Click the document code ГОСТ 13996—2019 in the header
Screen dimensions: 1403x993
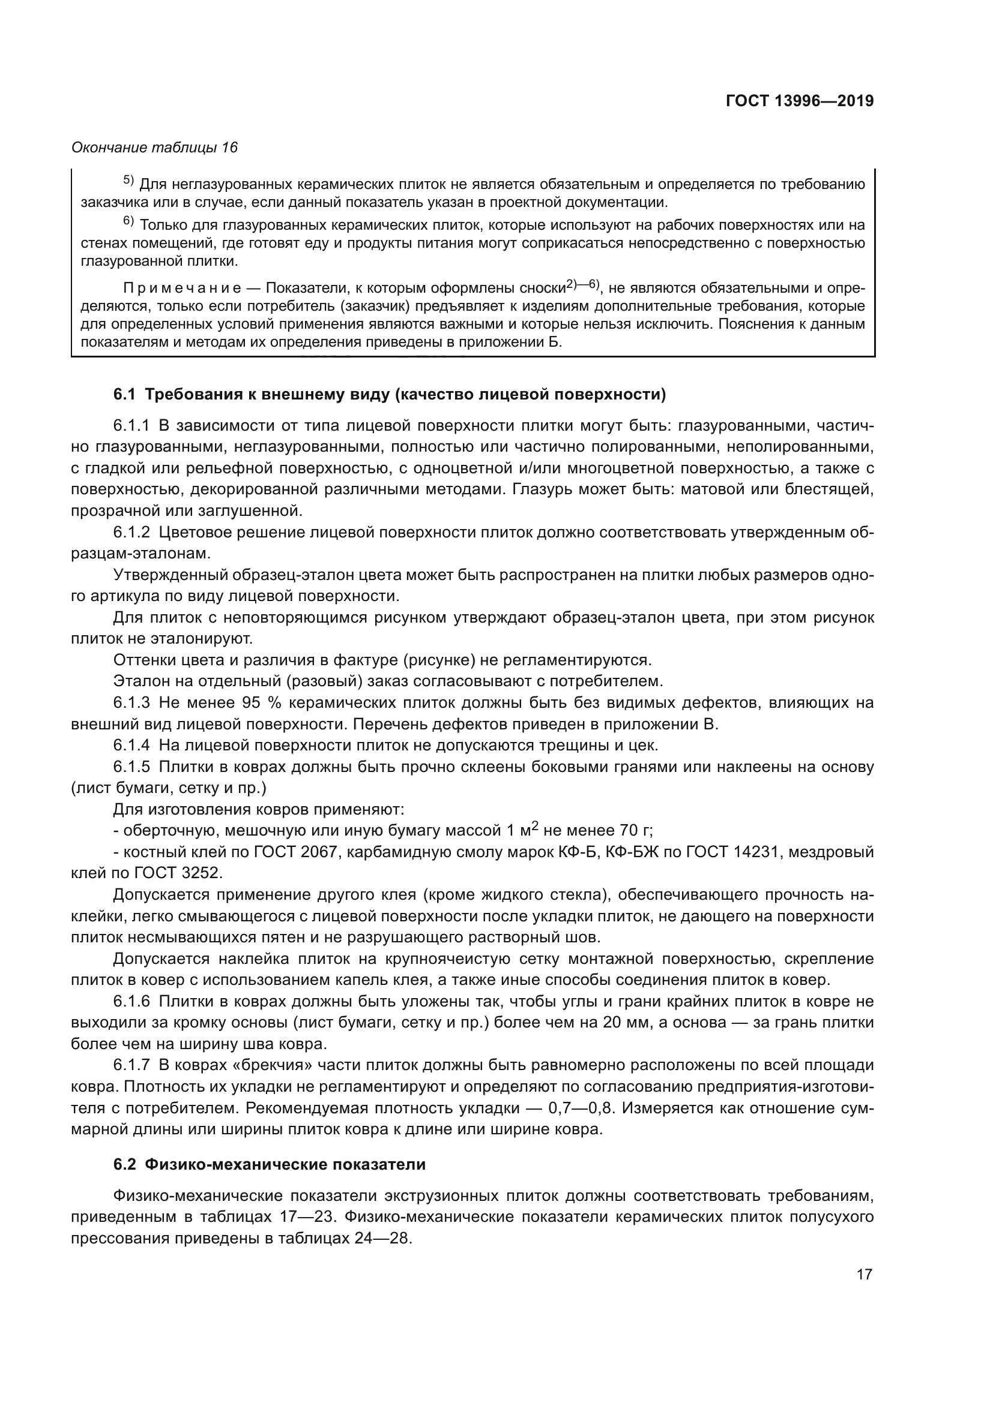coord(799,101)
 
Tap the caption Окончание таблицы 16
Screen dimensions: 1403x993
coord(154,148)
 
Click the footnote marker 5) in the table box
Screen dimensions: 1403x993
coord(128,181)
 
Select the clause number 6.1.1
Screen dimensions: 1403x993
coord(131,425)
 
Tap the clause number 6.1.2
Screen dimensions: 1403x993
coord(131,532)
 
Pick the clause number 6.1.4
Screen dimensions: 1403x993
coord(131,746)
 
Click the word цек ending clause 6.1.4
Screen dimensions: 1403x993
coord(644,746)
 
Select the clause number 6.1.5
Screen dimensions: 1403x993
coord(131,767)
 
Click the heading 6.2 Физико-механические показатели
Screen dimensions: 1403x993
coord(269,1165)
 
